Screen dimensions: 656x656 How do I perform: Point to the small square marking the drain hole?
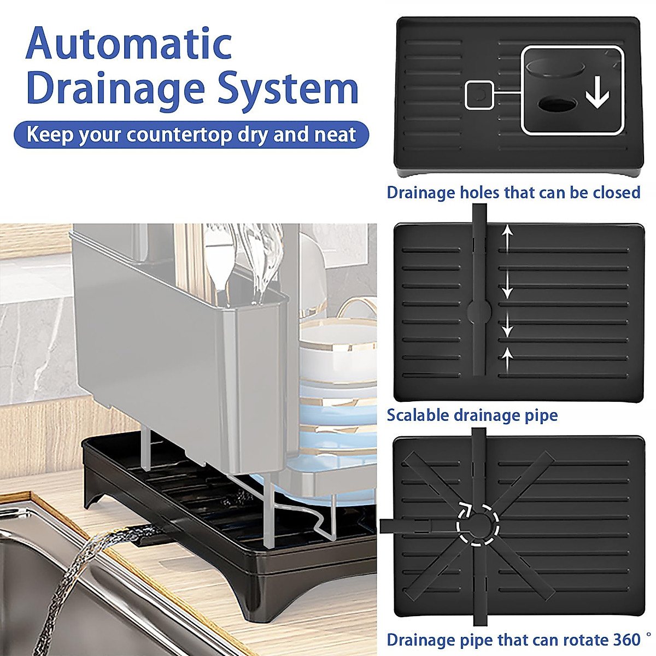click(x=479, y=95)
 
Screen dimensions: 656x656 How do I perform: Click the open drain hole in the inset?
click(x=557, y=103)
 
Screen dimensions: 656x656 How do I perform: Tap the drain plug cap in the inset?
click(x=555, y=69)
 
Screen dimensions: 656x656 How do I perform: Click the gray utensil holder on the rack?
click(x=180, y=350)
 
